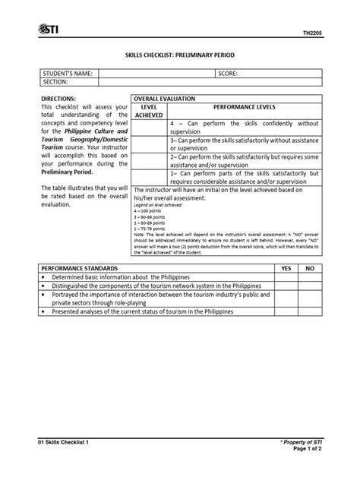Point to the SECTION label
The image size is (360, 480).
click(x=56, y=81)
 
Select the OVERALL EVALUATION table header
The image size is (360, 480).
click(x=164, y=99)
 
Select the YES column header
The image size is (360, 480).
click(x=286, y=269)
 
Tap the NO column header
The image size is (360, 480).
click(x=309, y=269)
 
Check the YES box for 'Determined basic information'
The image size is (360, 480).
click(x=286, y=277)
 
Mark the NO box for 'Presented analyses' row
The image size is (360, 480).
click(x=309, y=311)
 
